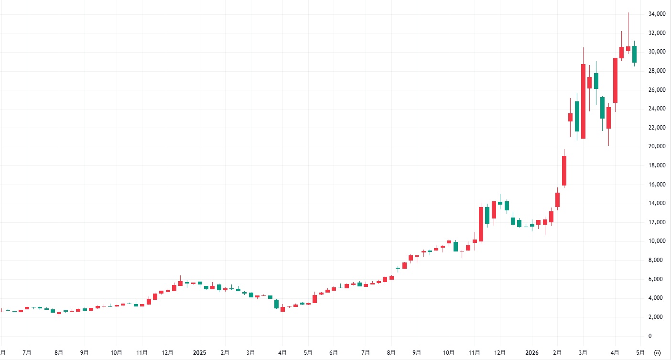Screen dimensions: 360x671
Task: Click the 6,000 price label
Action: tap(659, 279)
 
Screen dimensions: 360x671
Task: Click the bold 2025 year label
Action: tap(199, 353)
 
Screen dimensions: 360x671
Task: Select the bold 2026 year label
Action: tap(532, 353)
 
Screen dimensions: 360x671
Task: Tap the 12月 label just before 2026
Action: tap(500, 353)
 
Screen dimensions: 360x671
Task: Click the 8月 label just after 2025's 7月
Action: tap(391, 353)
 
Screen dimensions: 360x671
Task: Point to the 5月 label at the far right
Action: tap(640, 353)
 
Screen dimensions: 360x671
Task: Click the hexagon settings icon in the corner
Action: tap(657, 353)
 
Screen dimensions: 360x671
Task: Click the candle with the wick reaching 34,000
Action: tap(628, 48)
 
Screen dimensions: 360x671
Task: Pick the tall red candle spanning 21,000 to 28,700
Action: tap(583, 101)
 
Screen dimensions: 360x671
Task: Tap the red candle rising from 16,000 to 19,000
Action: tap(564, 171)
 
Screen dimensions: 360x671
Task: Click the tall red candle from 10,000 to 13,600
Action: tap(481, 224)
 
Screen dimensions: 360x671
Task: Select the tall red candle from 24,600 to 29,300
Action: tap(615, 80)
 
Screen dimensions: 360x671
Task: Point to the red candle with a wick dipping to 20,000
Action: tap(608, 118)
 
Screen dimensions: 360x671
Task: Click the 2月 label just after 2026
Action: tap(557, 353)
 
